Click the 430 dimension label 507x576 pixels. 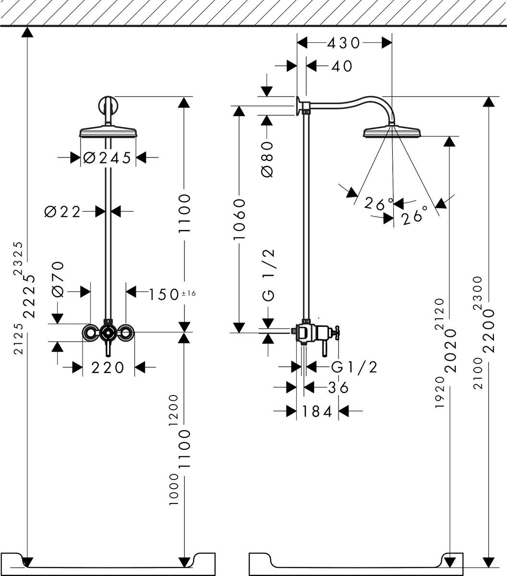pos(343,43)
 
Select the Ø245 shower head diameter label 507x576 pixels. pos(107,157)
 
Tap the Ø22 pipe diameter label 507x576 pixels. pos(63,212)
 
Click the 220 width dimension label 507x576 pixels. pos(108,368)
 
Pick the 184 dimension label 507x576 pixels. pos(317,411)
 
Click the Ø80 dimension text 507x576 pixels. pos(267,159)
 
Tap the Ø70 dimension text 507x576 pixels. pos(58,279)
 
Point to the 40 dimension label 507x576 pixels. pos(342,66)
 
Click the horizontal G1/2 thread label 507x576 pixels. pos(354,368)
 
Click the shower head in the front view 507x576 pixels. pos(109,132)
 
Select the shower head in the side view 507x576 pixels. pos(392,131)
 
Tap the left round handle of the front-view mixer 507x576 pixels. pos(90,332)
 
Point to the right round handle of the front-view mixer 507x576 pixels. pos(126,332)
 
